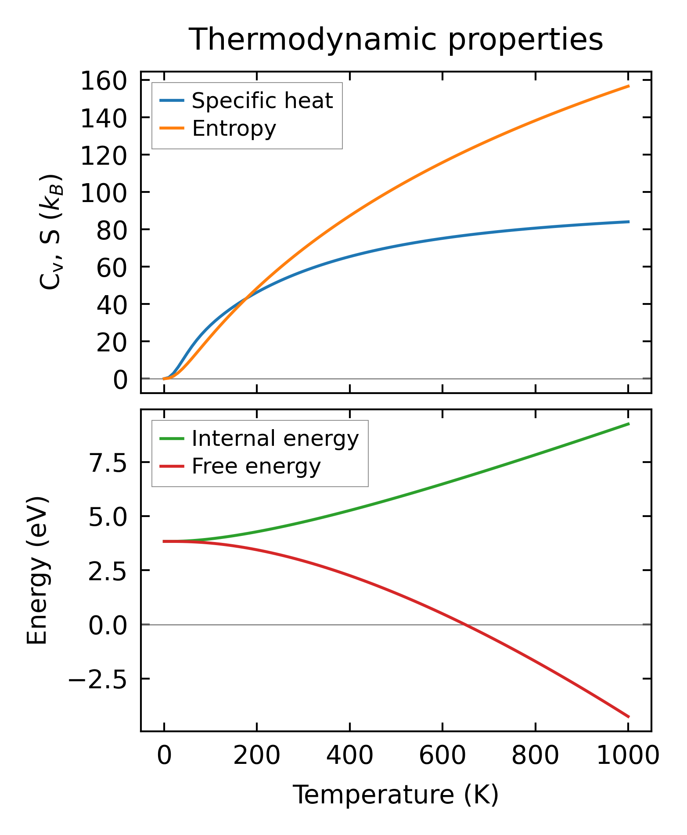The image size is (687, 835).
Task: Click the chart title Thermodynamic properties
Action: [396, 40]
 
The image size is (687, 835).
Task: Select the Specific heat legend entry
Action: [262, 101]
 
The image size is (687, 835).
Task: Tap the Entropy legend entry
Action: [234, 129]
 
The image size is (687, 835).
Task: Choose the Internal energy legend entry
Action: [275, 439]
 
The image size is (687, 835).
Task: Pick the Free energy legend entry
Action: [256, 466]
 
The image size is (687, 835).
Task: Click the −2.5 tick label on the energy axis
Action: [97, 680]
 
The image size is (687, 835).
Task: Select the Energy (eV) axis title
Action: [37, 571]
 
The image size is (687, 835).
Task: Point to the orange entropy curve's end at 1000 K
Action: [629, 86]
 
